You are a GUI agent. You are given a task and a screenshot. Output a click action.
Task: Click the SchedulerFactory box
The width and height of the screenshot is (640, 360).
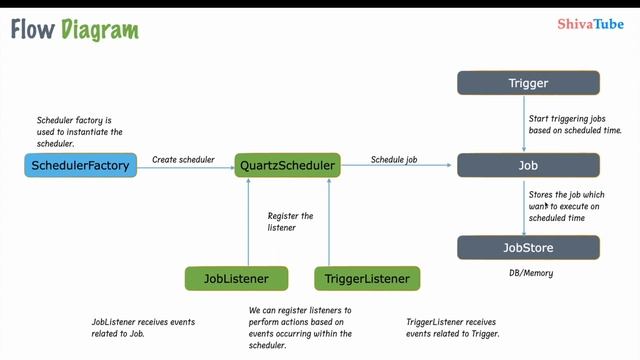pyautogui.click(x=81, y=166)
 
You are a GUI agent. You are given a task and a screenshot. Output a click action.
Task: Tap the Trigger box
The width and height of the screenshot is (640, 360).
pyautogui.click(x=528, y=83)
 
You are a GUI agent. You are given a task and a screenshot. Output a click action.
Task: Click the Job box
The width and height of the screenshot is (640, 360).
pyautogui.click(x=528, y=166)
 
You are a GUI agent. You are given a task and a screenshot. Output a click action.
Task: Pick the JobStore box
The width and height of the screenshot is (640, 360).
pyautogui.click(x=528, y=247)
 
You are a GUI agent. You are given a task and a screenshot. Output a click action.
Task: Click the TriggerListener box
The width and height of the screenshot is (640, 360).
pyautogui.click(x=367, y=278)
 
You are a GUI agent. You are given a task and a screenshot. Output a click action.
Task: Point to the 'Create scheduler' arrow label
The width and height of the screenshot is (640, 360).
pyautogui.click(x=183, y=159)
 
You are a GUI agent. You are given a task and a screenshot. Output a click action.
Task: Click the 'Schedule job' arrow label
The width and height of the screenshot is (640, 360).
pyautogui.click(x=394, y=159)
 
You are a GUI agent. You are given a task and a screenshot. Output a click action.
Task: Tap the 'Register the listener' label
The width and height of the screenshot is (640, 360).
pyautogui.click(x=290, y=222)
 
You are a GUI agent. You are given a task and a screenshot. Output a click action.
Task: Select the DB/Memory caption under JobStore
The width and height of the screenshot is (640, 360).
pyautogui.click(x=531, y=273)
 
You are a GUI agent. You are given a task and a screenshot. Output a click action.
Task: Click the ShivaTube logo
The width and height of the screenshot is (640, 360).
pyautogui.click(x=590, y=27)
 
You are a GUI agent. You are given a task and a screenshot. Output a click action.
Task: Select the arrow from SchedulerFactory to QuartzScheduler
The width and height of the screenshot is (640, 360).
pyautogui.click(x=184, y=167)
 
